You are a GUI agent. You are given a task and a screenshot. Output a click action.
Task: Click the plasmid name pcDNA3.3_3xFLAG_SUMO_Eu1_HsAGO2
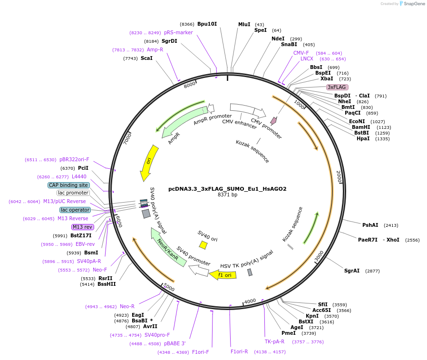[227, 189]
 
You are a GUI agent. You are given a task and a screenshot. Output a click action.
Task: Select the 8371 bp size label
[227, 195]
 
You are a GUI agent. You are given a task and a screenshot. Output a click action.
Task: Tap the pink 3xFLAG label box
[337, 87]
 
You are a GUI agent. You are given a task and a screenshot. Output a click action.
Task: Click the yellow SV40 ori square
[203, 245]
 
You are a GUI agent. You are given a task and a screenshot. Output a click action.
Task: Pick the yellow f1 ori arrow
[221, 275]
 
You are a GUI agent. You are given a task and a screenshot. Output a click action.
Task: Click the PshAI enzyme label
[370, 225]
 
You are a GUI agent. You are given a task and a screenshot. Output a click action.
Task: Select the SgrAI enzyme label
[352, 271]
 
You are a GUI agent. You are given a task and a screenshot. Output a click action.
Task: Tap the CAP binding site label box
[68, 185]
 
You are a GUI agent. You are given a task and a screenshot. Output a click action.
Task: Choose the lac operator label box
[75, 210]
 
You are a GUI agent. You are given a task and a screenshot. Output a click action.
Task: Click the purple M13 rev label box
[82, 227]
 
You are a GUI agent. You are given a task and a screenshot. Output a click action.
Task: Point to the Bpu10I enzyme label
[207, 24]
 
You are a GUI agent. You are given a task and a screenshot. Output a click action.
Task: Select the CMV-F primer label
[301, 53]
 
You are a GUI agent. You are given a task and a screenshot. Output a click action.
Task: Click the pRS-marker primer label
[178, 32]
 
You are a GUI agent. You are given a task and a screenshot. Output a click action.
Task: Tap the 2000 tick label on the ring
[339, 176]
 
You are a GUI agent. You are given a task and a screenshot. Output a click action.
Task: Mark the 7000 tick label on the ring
[127, 139]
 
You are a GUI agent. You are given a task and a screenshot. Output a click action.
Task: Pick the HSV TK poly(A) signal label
[246, 259]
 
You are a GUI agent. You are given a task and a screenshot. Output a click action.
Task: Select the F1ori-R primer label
[239, 352]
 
